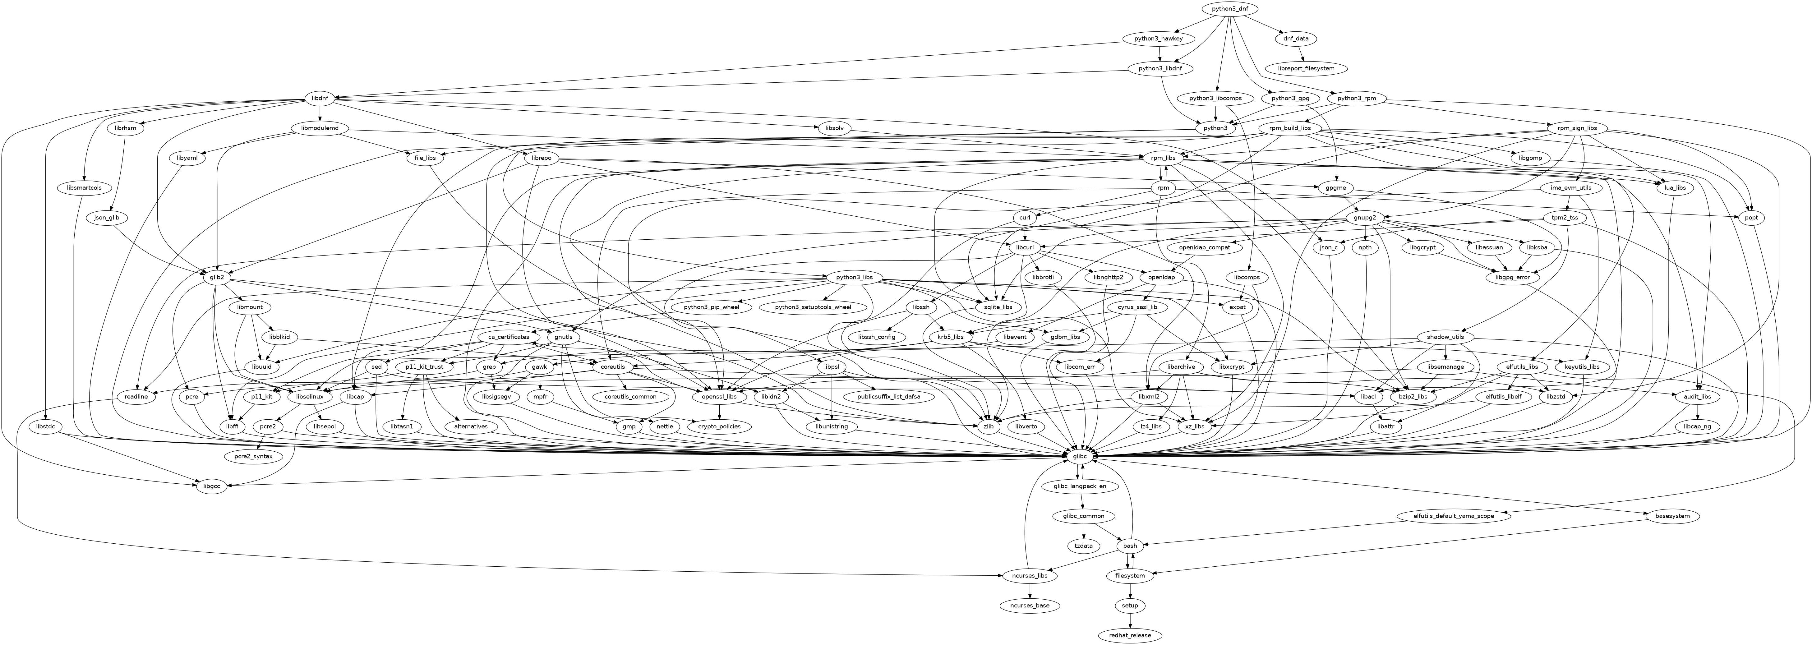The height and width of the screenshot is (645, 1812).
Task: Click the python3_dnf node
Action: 1229,8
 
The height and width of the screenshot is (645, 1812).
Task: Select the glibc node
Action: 1081,457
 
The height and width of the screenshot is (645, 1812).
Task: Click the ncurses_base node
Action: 1030,606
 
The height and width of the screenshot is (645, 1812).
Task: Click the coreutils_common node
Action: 630,397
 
